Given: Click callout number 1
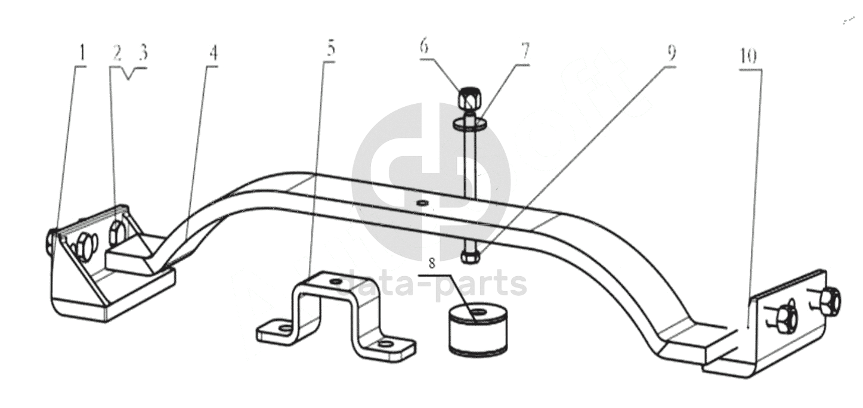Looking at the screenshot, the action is click(81, 54).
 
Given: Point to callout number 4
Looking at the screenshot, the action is click(214, 53).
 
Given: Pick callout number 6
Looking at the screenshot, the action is click(424, 47).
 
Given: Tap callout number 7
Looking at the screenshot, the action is click(525, 51).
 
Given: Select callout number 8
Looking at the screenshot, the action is click(432, 264).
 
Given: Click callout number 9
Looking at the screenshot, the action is click(672, 53).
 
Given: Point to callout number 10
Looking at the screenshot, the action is click(748, 56).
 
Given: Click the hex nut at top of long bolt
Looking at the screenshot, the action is click(468, 99).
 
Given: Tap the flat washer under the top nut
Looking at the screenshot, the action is click(469, 123).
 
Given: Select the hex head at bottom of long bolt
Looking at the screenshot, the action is click(470, 256).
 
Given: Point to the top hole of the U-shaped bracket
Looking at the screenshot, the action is click(335, 282).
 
